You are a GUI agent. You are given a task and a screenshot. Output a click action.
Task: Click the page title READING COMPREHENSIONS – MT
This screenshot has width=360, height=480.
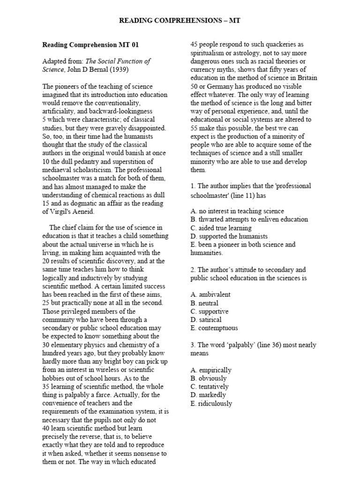pyautogui.click(x=180, y=21)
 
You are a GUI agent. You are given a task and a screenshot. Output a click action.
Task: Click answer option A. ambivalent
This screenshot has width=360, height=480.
pyautogui.click(x=210, y=294)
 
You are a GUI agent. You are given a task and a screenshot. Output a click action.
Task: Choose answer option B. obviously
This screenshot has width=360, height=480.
pyautogui.click(x=208, y=378)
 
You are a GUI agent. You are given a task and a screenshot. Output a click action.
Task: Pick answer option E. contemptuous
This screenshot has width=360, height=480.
pyautogui.click(x=214, y=328)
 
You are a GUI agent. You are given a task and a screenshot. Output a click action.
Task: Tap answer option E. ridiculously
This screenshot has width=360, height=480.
pyautogui.click(x=211, y=404)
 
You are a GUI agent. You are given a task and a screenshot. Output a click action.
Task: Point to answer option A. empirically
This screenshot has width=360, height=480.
pyautogui.click(x=211, y=370)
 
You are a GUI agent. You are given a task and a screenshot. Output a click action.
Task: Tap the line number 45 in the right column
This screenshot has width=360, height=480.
pyautogui.click(x=194, y=45)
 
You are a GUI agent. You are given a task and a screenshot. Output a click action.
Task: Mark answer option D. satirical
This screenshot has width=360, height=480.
pyautogui.click(x=206, y=320)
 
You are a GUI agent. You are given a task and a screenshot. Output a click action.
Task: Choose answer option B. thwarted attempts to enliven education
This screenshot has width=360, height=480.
pyautogui.click(x=249, y=219)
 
